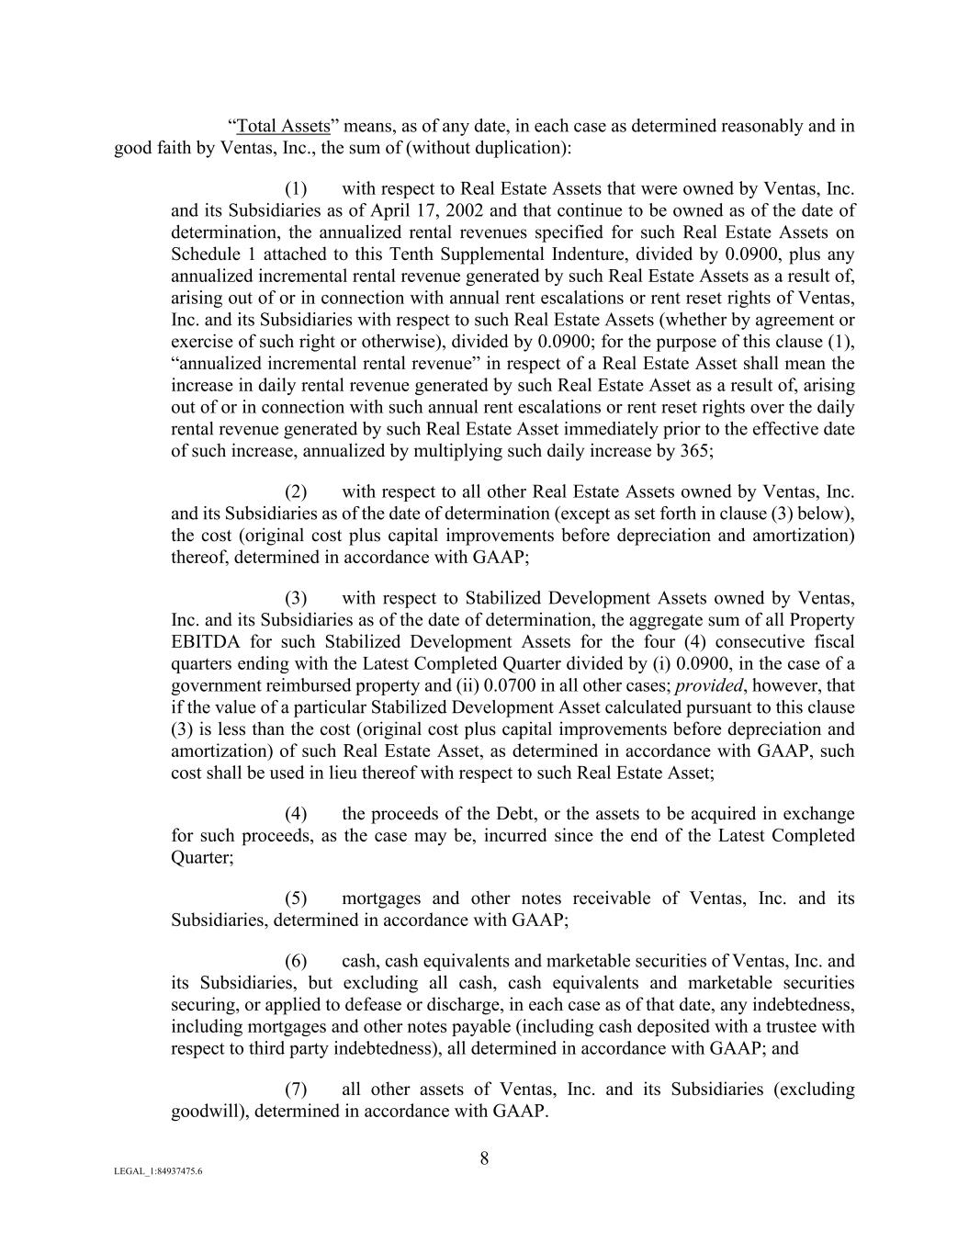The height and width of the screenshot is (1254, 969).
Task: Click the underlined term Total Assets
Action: point(283,126)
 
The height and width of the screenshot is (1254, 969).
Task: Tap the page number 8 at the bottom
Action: point(484,1158)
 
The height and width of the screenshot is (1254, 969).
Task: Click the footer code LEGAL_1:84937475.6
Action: point(158,1171)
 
